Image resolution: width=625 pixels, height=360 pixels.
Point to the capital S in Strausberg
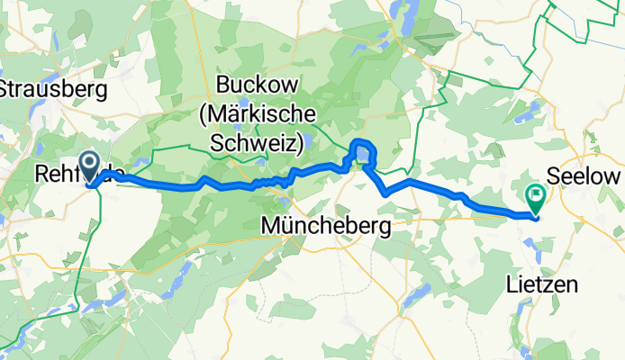pyautogui.click(x=6, y=89)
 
